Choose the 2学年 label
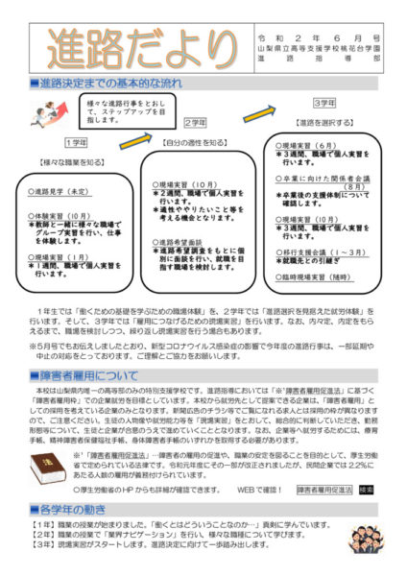(195, 123)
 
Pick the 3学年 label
(324, 103)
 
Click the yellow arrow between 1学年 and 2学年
(134, 140)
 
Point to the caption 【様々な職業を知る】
(66, 162)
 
